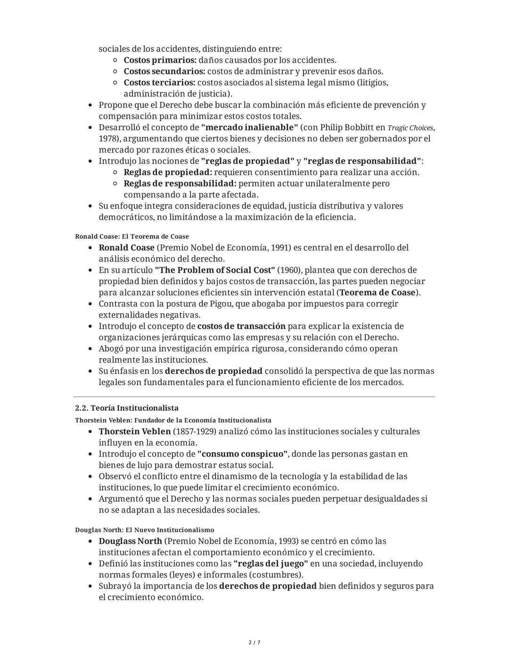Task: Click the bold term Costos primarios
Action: (x=160, y=60)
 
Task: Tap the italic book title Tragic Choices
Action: (x=410, y=128)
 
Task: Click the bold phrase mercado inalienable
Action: (x=249, y=128)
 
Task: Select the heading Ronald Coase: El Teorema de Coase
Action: (x=132, y=236)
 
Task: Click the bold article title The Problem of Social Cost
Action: (x=214, y=270)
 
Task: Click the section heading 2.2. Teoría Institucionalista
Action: (x=127, y=408)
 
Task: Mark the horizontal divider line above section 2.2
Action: (x=254, y=397)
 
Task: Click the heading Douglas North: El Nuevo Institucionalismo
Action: (x=145, y=530)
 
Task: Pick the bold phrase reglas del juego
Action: (x=271, y=564)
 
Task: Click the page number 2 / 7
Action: (x=254, y=642)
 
